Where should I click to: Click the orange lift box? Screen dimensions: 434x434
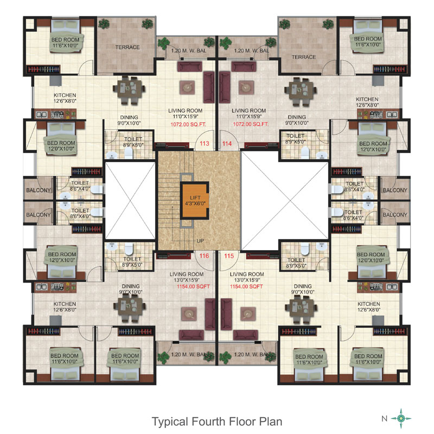[x=195, y=201]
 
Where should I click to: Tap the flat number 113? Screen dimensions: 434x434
[x=205, y=143]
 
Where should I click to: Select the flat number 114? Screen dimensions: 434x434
[x=227, y=144]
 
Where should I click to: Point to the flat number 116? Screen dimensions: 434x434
[x=205, y=256]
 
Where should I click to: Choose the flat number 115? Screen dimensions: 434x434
[x=229, y=256]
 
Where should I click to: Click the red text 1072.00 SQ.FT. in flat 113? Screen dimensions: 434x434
[x=188, y=124]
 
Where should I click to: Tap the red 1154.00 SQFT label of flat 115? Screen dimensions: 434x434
[x=246, y=286]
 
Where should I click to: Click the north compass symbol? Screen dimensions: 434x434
[x=401, y=418]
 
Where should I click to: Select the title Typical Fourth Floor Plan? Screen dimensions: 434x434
[x=217, y=422]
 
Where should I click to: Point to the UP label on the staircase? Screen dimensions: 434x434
[x=200, y=241]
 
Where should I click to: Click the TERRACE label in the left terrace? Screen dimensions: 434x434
[x=127, y=47]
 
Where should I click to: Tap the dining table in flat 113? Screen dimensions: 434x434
[x=129, y=91]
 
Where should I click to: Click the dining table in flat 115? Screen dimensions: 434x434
[x=301, y=309]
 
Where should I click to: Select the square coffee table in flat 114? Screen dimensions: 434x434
[x=246, y=87]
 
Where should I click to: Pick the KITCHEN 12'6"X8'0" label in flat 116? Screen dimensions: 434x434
[x=65, y=307]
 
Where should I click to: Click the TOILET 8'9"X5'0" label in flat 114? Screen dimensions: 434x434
[x=295, y=139]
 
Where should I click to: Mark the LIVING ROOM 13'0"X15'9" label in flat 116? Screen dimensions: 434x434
[x=187, y=277]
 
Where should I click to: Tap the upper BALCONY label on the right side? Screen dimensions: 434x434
[x=395, y=190]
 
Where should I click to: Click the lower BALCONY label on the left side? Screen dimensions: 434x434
[x=39, y=215]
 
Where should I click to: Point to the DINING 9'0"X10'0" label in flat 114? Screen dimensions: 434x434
[x=297, y=120]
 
